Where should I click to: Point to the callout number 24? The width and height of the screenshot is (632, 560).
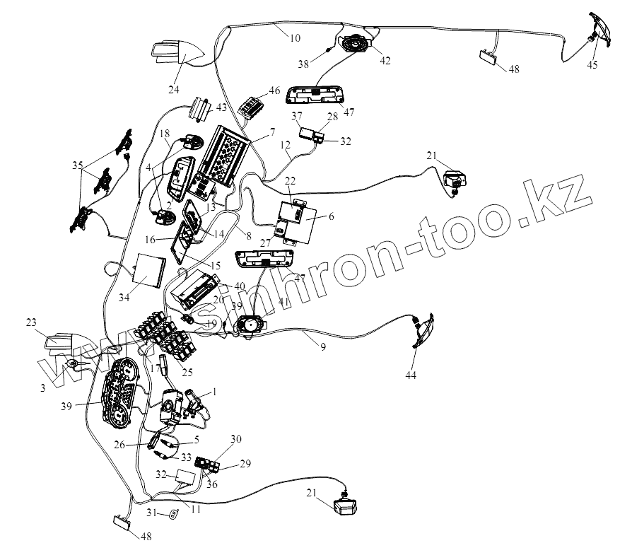173,89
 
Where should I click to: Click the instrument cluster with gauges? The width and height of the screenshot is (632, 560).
121,395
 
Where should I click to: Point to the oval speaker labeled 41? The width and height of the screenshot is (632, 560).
250,327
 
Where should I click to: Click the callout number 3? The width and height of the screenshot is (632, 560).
43,387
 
